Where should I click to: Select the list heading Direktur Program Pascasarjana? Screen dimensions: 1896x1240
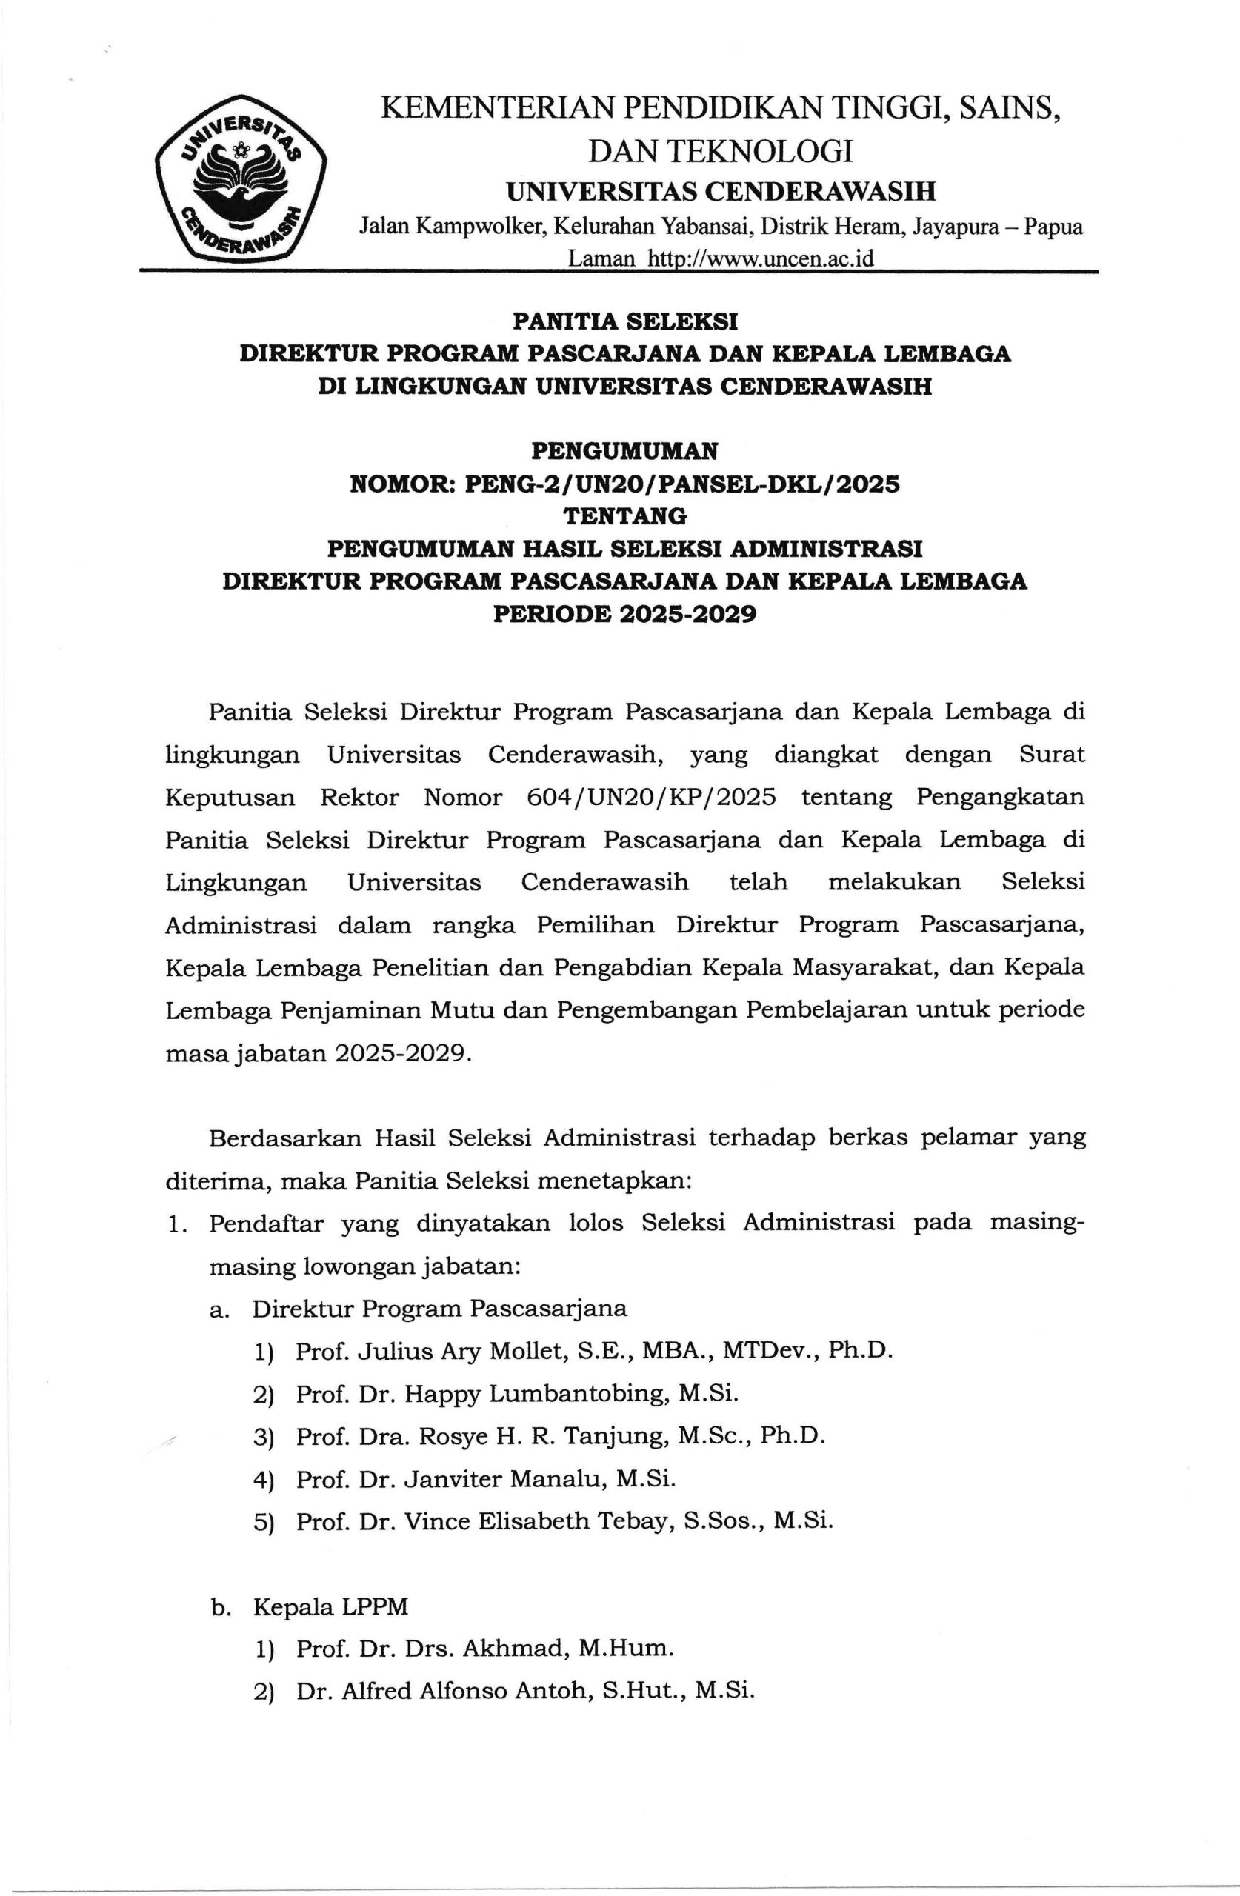[440, 1309]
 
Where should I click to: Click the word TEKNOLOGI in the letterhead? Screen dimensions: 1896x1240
[759, 150]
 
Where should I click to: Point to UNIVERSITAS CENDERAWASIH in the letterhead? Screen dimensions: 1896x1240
[721, 191]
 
